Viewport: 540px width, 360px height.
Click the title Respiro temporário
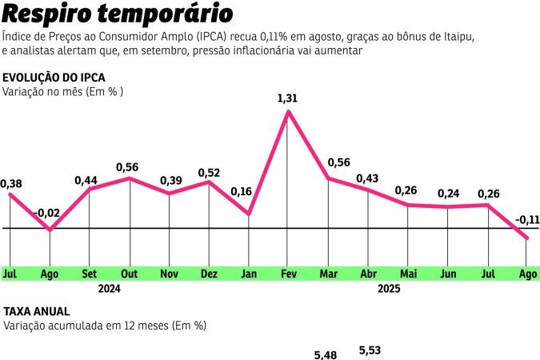pos(118,14)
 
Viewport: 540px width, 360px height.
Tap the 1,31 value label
pos(287,98)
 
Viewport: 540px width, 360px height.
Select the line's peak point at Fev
pos(288,111)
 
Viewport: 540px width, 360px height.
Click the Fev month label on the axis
pos(288,274)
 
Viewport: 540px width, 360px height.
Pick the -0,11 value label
pos(526,220)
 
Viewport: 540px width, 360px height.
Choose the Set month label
pos(89,274)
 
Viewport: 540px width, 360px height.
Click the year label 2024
pos(109,289)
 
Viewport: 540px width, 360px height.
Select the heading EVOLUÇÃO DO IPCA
pos(54,78)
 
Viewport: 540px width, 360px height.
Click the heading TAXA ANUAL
pos(37,311)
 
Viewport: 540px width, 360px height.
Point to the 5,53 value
pos(370,350)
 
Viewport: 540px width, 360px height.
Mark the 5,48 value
pos(326,354)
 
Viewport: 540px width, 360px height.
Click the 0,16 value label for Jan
pos(241,191)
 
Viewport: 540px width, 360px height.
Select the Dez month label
pos(209,274)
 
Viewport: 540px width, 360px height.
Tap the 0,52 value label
pos(209,172)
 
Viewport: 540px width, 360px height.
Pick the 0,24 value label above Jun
pos(448,194)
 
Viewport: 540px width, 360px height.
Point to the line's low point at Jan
pos(248,214)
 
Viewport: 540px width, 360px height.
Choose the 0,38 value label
pos(11,183)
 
